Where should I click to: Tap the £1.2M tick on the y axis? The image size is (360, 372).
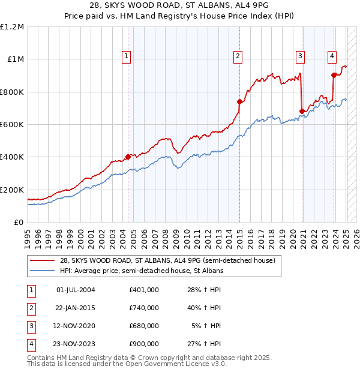pyautogui.click(x=12, y=27)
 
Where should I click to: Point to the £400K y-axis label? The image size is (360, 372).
pyautogui.click(x=12, y=157)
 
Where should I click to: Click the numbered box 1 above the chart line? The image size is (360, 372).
pyautogui.click(x=127, y=56)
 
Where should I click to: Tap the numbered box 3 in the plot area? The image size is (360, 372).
pyautogui.click(x=300, y=56)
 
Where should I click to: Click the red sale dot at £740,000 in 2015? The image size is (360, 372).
pyautogui.click(x=239, y=102)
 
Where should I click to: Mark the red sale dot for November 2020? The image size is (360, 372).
pyautogui.click(x=302, y=112)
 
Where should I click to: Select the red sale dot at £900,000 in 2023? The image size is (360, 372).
pyautogui.click(x=334, y=76)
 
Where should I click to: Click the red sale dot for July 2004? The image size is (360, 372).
pyautogui.click(x=128, y=157)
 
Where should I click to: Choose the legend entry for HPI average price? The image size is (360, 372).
pyautogui.click(x=142, y=271)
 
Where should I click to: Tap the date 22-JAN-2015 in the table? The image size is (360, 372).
pyautogui.click(x=75, y=308)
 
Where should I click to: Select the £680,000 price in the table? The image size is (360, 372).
pyautogui.click(x=143, y=326)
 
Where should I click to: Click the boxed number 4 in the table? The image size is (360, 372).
pyautogui.click(x=31, y=344)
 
